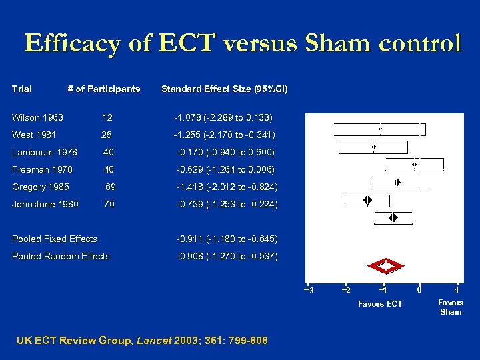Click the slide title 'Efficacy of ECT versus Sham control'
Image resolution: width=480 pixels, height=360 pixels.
(242, 43)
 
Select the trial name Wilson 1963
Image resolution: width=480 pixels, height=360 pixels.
(37, 117)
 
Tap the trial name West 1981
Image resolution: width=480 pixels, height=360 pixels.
(34, 135)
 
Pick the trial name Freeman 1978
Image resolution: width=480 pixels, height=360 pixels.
(42, 169)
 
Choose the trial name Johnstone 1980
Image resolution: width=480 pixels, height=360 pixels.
(45, 204)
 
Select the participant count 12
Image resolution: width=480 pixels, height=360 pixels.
(107, 117)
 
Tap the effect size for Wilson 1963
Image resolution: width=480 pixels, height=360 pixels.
(223, 117)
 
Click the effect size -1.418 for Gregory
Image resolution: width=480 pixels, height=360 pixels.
(227, 187)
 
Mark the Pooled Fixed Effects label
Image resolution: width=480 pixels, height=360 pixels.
(55, 239)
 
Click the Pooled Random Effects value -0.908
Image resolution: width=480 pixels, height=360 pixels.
(227, 256)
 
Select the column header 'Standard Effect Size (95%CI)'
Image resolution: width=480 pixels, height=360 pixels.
(225, 89)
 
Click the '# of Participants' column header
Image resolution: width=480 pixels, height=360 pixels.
(104, 89)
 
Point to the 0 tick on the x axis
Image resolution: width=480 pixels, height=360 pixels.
(419, 289)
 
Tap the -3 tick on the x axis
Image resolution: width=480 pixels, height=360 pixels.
(309, 289)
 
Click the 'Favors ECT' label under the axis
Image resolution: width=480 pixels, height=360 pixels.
(380, 304)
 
